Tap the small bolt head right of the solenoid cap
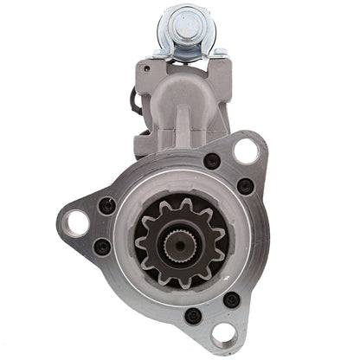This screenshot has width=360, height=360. coord(219,54)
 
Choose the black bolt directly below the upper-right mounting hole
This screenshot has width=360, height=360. coord(246,185)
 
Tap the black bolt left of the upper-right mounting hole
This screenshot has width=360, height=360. coord(212,161)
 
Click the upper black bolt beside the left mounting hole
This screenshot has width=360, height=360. coord(108,207)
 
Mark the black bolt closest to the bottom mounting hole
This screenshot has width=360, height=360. coord(231,299)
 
